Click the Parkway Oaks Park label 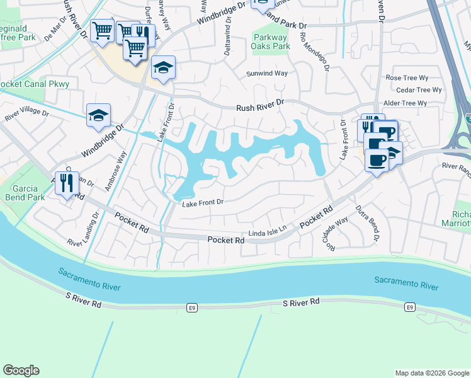(x=271, y=42)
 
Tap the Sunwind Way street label (x=267, y=74)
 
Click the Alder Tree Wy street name (x=406, y=103)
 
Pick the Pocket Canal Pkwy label (x=34, y=84)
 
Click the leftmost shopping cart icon (x=101, y=30)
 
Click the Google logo (x=21, y=370)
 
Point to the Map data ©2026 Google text (x=431, y=373)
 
